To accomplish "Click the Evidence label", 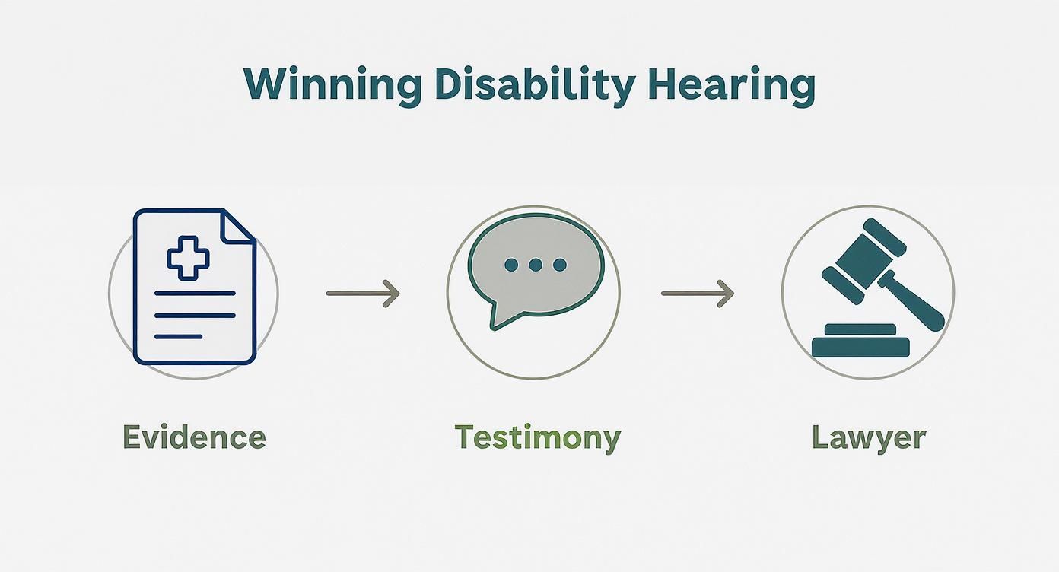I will tap(194, 437).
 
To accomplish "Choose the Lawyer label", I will tap(868, 437).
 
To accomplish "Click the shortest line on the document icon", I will tap(178, 336).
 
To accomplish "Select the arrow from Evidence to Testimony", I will tap(363, 293).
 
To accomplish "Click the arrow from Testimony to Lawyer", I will tap(697, 293).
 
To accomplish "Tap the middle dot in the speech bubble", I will tap(535, 265).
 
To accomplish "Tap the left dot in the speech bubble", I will tap(510, 265).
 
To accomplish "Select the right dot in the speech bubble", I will tap(560, 265).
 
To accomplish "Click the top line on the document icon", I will tap(194, 293).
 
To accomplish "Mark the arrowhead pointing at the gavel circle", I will tap(727, 293).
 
